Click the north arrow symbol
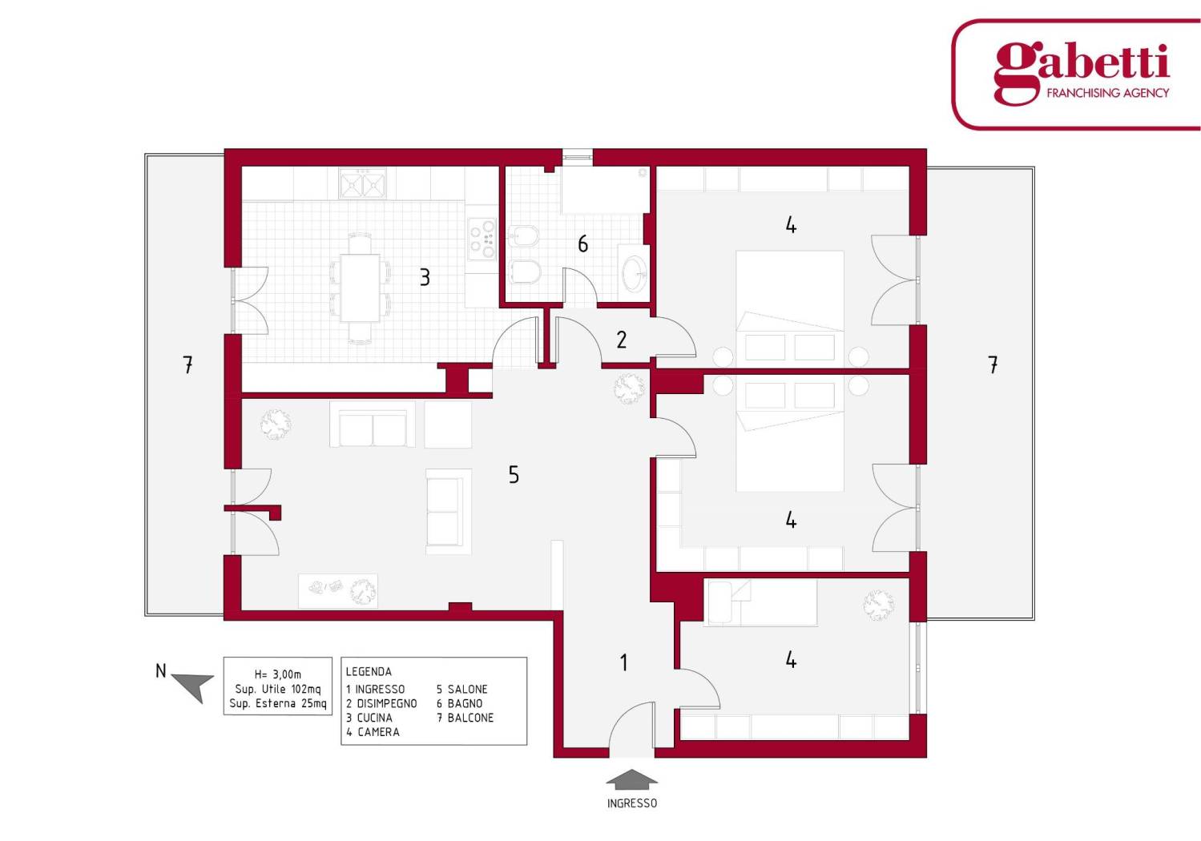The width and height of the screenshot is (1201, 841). (x=194, y=686)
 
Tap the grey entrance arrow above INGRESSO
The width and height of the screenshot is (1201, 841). (x=631, y=779)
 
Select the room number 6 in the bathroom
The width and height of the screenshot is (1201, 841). (x=582, y=244)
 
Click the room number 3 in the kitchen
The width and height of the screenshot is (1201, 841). (x=425, y=277)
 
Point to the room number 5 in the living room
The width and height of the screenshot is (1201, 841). (x=514, y=474)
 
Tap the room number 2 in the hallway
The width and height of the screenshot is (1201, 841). (x=622, y=340)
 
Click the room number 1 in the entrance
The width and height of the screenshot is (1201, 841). (x=623, y=662)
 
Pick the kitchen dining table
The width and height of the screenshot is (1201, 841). (x=361, y=288)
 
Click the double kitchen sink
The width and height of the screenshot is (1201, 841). (x=362, y=184)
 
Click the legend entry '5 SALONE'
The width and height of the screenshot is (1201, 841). (x=461, y=690)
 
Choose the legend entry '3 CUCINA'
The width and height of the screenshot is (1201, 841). (x=369, y=718)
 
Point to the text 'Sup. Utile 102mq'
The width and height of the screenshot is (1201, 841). (x=278, y=690)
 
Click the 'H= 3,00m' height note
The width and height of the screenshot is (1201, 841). (x=278, y=674)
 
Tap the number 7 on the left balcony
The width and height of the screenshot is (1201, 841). (x=187, y=364)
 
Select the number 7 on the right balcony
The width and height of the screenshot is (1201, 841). (x=993, y=365)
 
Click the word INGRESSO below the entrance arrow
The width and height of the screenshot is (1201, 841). (x=632, y=803)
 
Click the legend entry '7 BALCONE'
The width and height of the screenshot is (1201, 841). (x=465, y=718)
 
